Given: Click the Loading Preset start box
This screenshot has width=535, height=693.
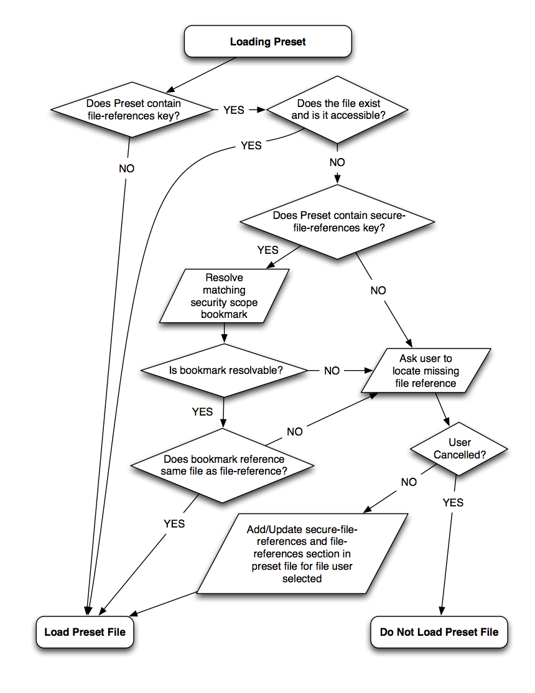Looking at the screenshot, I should pyautogui.click(x=267, y=42).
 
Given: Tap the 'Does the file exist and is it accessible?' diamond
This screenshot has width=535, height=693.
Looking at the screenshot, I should pyautogui.click(x=338, y=109).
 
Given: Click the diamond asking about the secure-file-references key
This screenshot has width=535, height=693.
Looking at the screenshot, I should pyautogui.click(x=338, y=221).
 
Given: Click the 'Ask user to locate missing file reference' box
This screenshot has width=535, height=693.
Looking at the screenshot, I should pyautogui.click(x=426, y=371).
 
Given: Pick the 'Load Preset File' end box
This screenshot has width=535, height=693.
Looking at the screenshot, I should pyautogui.click(x=85, y=632).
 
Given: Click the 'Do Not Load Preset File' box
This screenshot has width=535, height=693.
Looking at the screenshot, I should pyautogui.click(x=439, y=632).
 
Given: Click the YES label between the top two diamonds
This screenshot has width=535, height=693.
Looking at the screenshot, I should pyautogui.click(x=234, y=109).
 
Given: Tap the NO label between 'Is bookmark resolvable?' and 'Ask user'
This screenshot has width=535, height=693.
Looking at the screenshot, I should pyautogui.click(x=332, y=370).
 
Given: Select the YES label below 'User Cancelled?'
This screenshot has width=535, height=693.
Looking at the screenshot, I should pyautogui.click(x=453, y=502).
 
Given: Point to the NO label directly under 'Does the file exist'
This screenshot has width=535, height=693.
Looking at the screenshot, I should pyautogui.click(x=337, y=162).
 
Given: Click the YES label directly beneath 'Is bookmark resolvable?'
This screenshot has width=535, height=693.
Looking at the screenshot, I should pyautogui.click(x=202, y=411).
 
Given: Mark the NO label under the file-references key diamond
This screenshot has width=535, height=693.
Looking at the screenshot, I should pyautogui.click(x=126, y=168).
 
